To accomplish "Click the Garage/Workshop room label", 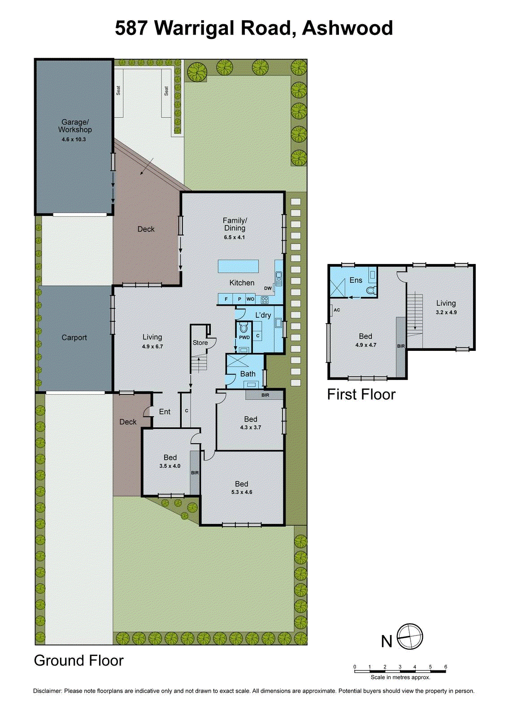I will coord(75,125).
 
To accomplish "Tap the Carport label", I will coord(74,337).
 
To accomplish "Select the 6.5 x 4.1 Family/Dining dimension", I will coord(234,237).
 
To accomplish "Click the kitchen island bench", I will coord(238,266).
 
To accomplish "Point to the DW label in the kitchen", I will coord(268,288).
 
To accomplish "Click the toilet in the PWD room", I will coord(243,327).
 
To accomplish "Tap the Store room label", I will coord(200,342).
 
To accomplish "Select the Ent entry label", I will coord(165,411).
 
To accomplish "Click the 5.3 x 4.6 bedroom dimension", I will coord(242,492).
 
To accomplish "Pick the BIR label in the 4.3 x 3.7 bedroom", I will coord(265,395).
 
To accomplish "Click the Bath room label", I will coord(247,374).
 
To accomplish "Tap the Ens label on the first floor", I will coord(356,280).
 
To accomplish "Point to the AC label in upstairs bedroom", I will coord(337,310).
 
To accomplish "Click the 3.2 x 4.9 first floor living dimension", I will coord(446,312).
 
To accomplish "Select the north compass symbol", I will coord(410,637).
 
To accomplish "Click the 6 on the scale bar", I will coord(445,667).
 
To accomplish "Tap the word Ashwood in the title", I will coord(347,28).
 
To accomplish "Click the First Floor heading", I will coord(361,394).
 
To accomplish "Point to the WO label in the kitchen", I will coord(250,299).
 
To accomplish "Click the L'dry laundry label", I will coord(263,315).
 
